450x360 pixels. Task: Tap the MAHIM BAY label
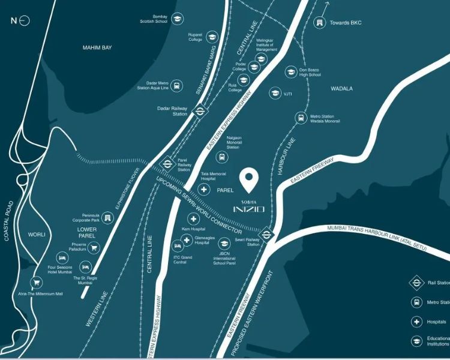[x=98, y=47]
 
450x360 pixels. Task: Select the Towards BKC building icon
[x=319, y=22]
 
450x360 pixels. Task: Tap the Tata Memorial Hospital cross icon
[x=204, y=190]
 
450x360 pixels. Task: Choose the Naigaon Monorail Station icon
[x=222, y=158]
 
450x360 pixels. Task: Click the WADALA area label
[x=341, y=89]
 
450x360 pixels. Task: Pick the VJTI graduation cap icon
[x=275, y=94]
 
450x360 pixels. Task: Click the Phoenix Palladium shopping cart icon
[x=94, y=247]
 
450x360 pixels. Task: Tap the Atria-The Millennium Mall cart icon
[x=37, y=281]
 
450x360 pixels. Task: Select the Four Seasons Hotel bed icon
[x=60, y=257]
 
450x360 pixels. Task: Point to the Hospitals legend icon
[x=416, y=321]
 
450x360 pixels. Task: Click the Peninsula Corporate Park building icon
[x=107, y=217]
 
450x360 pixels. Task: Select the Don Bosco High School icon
[x=292, y=73]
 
